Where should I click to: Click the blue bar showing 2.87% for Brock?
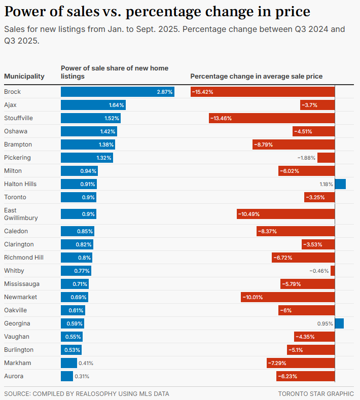(117, 92)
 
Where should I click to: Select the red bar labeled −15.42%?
(263, 92)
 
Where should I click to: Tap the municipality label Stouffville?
(18, 118)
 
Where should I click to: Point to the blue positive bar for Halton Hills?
(340, 184)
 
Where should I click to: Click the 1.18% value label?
(326, 184)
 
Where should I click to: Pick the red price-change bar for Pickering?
(326, 158)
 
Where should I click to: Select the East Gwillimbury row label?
(17, 214)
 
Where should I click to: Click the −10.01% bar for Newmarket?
(287, 297)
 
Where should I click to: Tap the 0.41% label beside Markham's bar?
(86, 363)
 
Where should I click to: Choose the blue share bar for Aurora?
(67, 376)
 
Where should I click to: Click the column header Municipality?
(24, 77)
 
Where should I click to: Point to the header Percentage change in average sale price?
(256, 77)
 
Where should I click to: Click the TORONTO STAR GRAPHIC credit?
(316, 393)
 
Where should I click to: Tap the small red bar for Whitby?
(333, 271)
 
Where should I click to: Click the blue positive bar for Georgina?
(339, 323)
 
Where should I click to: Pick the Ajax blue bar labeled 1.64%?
(93, 105)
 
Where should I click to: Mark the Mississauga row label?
(22, 284)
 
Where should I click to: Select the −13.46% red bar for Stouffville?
(272, 118)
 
